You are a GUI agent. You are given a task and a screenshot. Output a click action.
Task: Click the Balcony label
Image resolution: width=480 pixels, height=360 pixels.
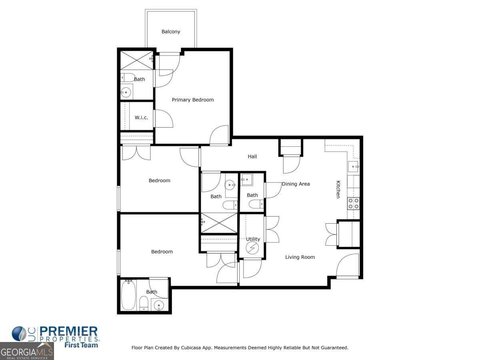(x=171, y=32)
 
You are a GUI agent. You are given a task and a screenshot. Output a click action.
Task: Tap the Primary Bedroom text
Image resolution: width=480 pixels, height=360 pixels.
(x=193, y=100)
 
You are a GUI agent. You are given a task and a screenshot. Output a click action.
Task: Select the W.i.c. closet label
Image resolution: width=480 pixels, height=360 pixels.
(x=141, y=118)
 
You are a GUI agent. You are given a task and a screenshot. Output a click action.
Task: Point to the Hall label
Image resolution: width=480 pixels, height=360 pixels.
(x=252, y=156)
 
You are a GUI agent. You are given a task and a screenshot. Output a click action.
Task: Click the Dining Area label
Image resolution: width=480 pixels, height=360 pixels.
(x=296, y=184)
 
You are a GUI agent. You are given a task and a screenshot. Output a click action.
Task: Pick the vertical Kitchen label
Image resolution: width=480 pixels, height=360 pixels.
(x=338, y=189)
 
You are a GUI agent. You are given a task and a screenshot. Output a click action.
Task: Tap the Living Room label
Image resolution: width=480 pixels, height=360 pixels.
(x=300, y=257)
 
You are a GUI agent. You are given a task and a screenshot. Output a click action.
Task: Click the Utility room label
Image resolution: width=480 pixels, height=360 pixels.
(x=253, y=239)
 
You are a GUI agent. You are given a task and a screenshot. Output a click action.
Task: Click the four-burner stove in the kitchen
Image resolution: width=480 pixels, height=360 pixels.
(x=353, y=204)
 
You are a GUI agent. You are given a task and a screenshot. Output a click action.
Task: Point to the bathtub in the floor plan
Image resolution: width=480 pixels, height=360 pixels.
(x=128, y=295)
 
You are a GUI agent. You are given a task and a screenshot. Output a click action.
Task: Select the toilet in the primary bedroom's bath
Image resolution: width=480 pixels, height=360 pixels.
(x=128, y=77)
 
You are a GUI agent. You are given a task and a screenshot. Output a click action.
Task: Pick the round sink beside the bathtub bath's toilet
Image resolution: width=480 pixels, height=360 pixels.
(x=159, y=306)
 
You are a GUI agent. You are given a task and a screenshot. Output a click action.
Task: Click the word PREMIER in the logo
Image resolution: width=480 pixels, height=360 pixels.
(x=68, y=332)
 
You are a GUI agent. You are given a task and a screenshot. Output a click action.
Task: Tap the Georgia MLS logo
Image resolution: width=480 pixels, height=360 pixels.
(x=27, y=351)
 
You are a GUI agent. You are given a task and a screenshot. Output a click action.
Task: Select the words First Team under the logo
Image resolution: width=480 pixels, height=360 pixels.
(x=81, y=345)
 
